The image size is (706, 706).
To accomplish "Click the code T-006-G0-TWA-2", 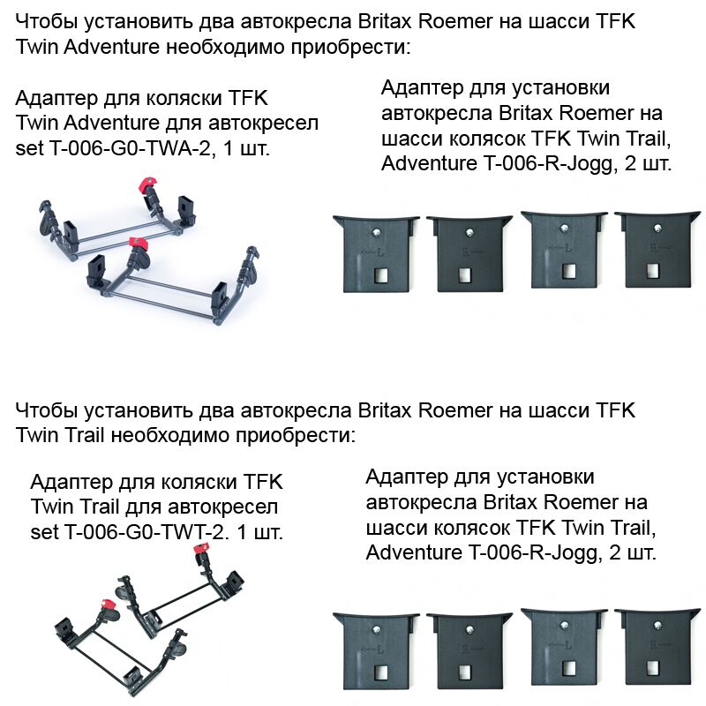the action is point(130,148).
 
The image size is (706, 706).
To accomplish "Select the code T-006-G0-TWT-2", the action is point(144,533).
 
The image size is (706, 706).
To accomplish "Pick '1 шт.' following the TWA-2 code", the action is point(246,148).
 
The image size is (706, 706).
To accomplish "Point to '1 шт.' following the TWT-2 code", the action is point(259,533).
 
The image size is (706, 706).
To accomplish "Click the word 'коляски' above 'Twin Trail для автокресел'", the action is point(199,482).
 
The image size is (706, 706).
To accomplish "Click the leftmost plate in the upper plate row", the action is point(376,253).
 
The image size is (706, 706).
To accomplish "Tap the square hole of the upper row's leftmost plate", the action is point(381,275).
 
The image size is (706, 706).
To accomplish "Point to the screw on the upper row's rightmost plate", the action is point(658,229).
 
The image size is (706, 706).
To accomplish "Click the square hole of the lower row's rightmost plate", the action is point(652,668).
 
